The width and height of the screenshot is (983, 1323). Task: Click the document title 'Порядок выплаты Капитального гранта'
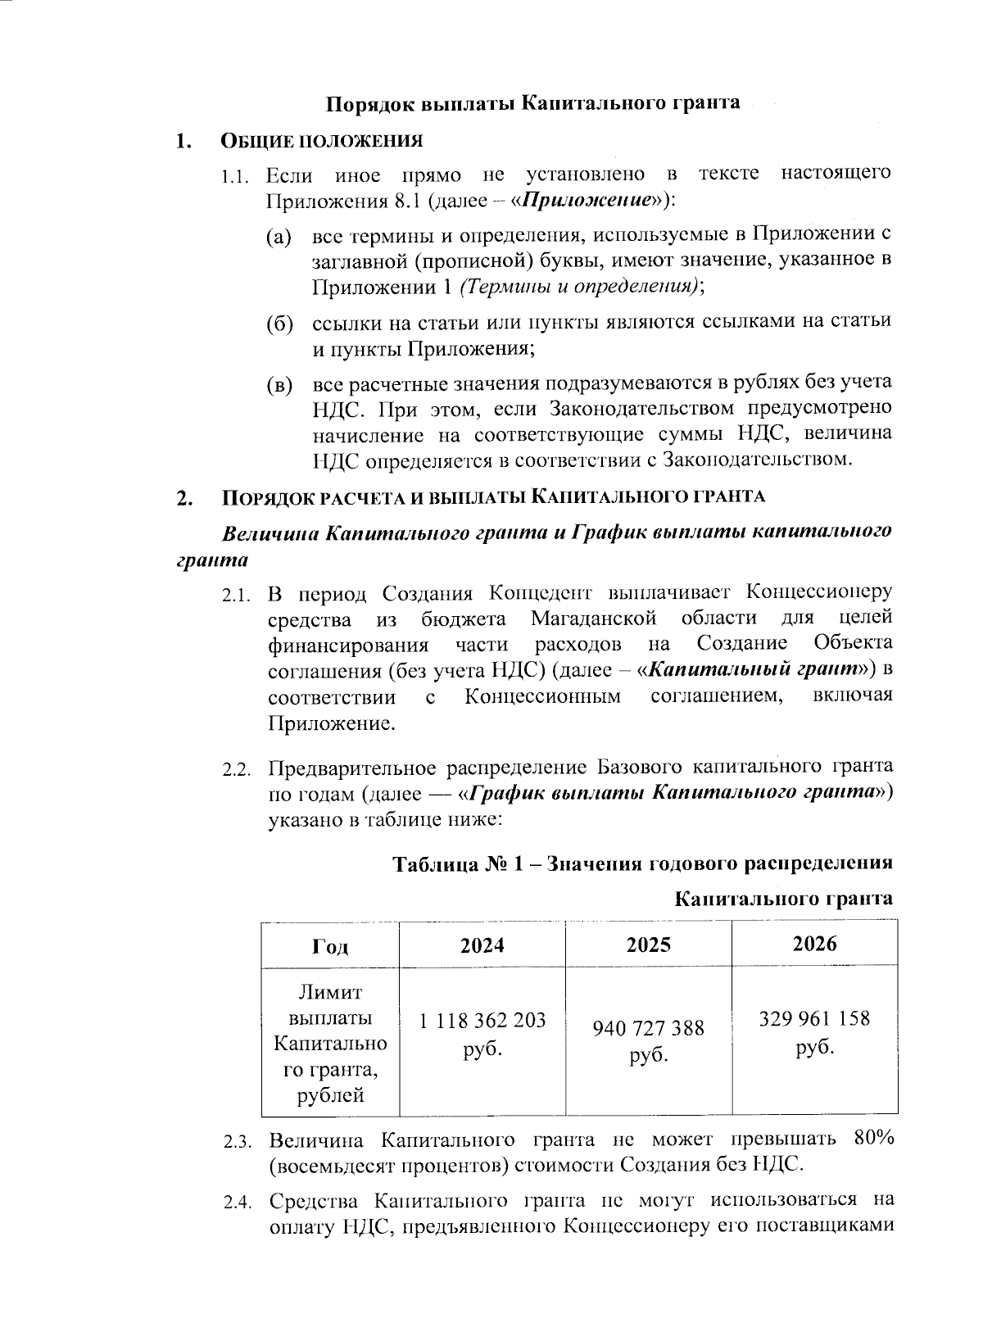coord(533,102)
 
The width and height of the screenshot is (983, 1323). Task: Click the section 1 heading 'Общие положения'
coord(322,141)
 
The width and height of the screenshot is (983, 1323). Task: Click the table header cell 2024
coord(482,945)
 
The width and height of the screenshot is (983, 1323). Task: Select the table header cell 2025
coord(648,945)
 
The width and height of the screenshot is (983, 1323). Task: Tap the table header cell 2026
coord(814,944)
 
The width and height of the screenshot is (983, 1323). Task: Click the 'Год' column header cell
coord(330,946)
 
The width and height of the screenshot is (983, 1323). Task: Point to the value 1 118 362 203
coord(482,1022)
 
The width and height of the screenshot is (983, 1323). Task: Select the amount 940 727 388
coord(648,1028)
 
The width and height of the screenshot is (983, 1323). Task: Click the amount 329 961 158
coord(814,1019)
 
